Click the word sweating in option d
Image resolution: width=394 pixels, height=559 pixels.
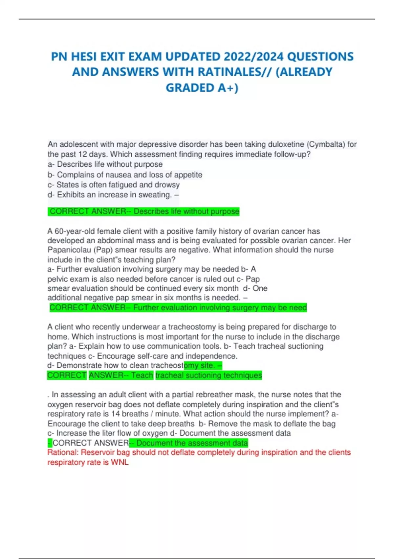(x=155, y=195)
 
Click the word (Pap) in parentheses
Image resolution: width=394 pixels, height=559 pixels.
(x=103, y=250)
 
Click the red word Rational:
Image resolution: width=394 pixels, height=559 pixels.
(x=63, y=452)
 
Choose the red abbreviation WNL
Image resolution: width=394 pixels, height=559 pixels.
(x=120, y=462)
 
